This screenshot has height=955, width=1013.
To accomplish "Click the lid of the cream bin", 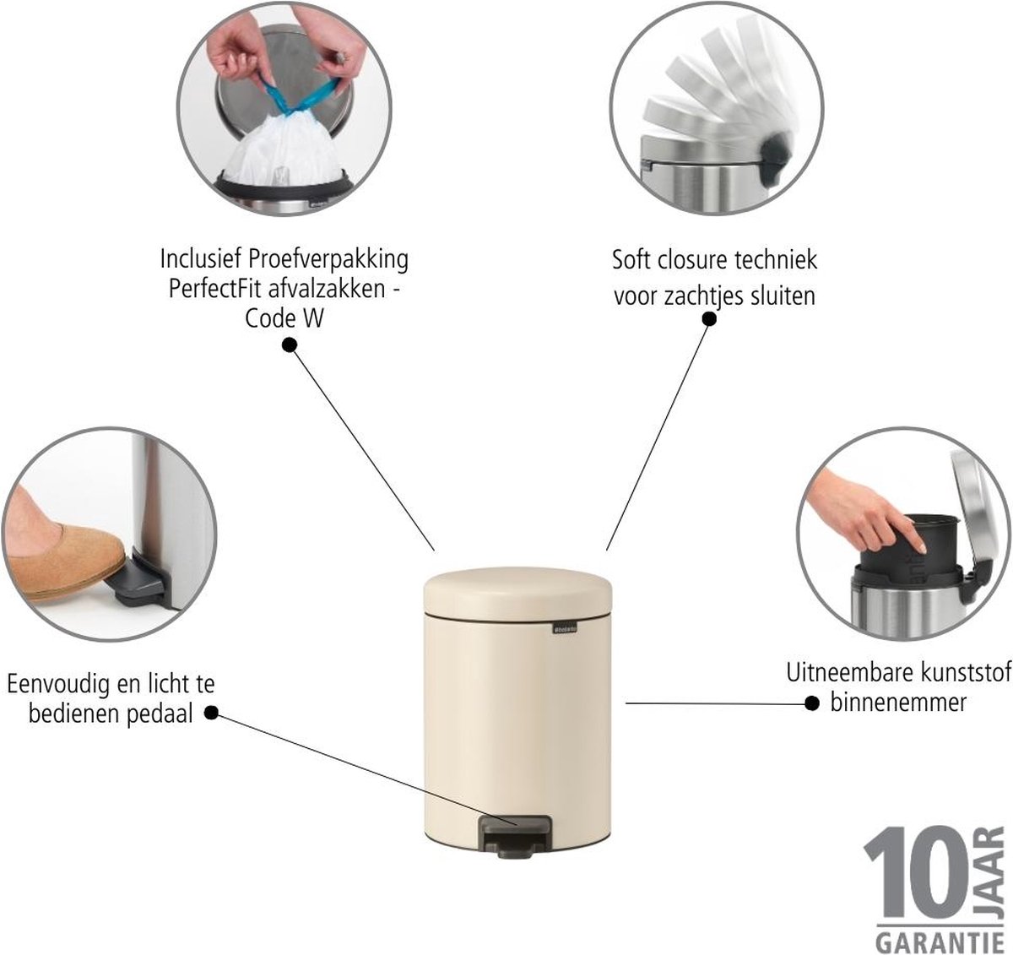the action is coord(517,590).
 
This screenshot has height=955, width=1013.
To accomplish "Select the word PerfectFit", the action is coord(216,290).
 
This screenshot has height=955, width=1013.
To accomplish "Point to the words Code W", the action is coord(284,318).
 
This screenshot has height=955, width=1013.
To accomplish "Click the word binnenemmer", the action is coord(898,702).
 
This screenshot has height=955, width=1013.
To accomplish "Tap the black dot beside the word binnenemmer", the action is coord(811,704).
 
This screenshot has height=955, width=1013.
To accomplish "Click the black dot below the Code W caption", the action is coord(290,345).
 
